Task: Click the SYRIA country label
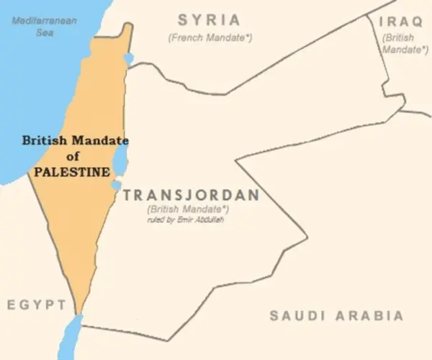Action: pos(209,20)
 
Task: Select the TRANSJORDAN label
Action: pos(190,194)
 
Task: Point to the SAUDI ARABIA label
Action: pos(336,315)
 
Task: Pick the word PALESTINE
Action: pos(72,173)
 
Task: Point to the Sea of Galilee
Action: pos(129,58)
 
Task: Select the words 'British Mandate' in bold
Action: pos(75,141)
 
